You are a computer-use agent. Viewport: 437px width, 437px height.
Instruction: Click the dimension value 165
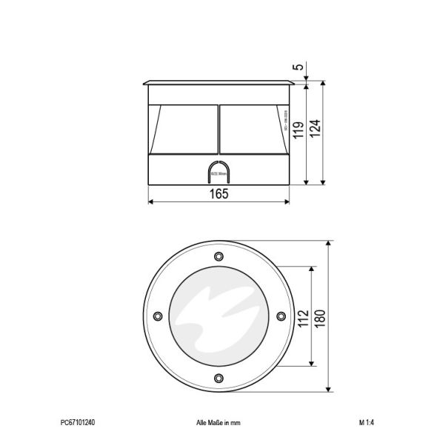click(218, 193)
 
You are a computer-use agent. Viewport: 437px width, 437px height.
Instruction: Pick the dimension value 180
click(318, 316)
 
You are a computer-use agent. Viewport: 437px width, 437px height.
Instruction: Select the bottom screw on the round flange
click(218, 378)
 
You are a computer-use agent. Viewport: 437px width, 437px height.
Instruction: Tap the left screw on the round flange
click(157, 317)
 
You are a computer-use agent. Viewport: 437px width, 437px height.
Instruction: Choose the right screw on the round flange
click(280, 317)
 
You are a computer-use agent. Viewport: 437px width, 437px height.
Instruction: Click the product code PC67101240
click(78, 423)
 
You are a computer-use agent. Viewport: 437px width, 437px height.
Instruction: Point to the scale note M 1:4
click(366, 423)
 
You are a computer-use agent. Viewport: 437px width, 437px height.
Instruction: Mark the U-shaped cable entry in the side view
click(218, 172)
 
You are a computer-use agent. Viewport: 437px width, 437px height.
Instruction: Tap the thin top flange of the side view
click(218, 81)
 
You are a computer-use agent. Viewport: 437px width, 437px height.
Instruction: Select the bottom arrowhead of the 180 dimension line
click(329, 390)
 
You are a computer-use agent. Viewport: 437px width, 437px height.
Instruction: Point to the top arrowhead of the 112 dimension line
click(311, 270)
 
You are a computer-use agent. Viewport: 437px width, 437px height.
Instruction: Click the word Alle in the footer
click(201, 423)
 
